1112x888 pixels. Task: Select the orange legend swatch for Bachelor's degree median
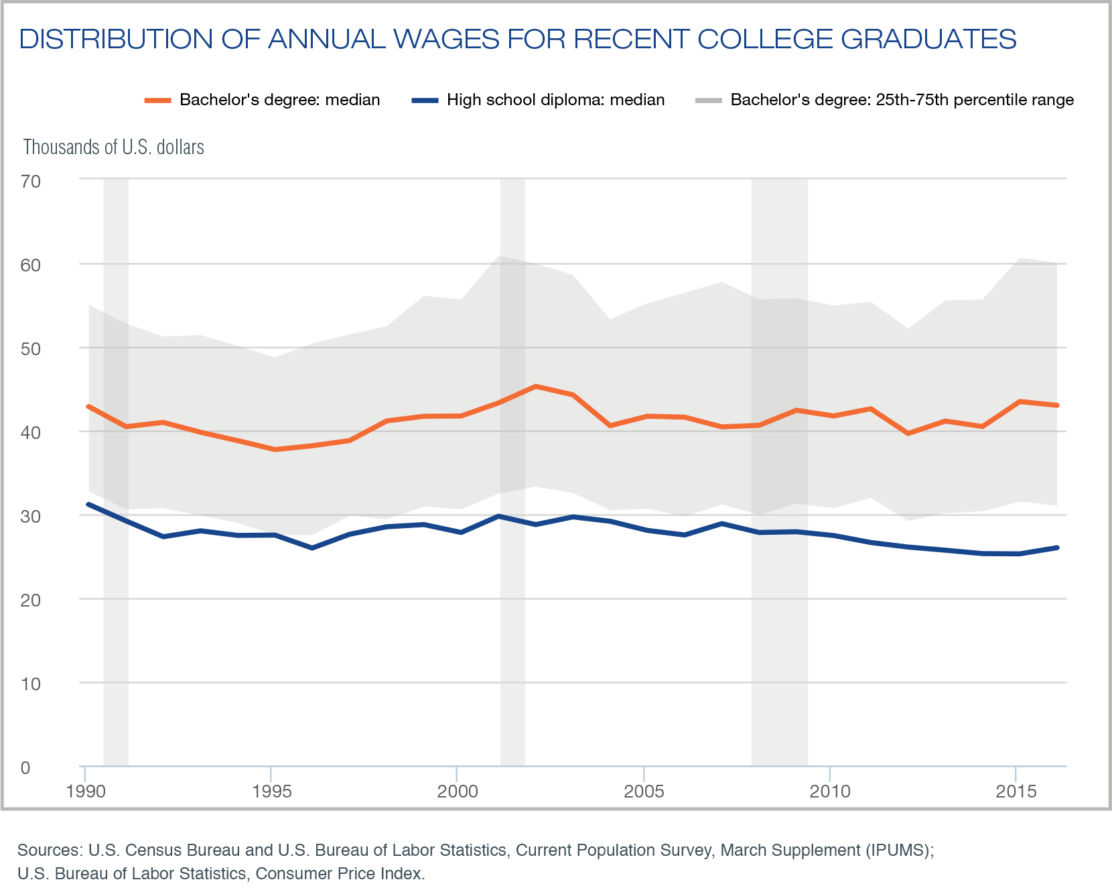tap(158, 101)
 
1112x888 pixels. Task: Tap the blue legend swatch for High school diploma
tap(425, 101)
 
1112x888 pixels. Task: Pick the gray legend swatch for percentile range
tap(708, 101)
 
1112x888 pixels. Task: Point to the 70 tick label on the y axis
tap(31, 181)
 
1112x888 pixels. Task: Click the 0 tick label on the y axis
tap(25, 767)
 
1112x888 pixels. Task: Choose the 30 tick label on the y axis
tap(31, 516)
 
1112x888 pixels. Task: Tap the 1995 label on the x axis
tap(271, 791)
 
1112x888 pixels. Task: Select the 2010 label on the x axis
tap(830, 791)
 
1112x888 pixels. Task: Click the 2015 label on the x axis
tap(1016, 791)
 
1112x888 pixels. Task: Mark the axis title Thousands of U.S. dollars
tap(114, 147)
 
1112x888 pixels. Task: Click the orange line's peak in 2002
tap(535, 386)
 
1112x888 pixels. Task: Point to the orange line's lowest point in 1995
tap(275, 449)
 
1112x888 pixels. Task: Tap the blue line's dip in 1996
tap(312, 548)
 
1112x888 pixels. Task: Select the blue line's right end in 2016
tap(1056, 548)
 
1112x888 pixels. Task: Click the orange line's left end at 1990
tap(89, 406)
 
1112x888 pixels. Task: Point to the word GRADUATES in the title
tap(928, 39)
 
